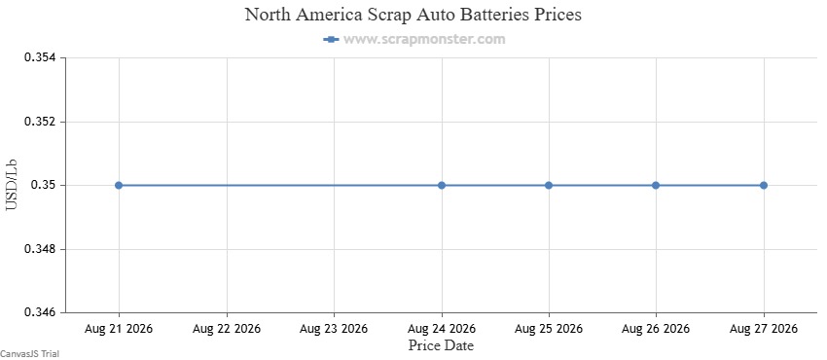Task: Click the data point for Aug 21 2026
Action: coord(119,185)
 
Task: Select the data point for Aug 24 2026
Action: coord(442,185)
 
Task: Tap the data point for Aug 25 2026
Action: coord(549,185)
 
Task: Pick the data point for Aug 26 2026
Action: coord(656,185)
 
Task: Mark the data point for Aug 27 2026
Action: coord(763,185)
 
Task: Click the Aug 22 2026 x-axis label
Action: coord(227,329)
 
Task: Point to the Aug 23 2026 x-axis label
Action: coord(334,329)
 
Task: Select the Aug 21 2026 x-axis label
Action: coord(119,329)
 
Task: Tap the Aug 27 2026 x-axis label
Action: coord(763,329)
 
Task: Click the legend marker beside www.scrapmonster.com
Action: coord(331,39)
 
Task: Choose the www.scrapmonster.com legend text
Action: coord(424,39)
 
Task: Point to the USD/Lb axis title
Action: coord(12,185)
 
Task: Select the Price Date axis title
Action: coord(441,345)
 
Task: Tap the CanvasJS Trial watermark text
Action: coord(29,354)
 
